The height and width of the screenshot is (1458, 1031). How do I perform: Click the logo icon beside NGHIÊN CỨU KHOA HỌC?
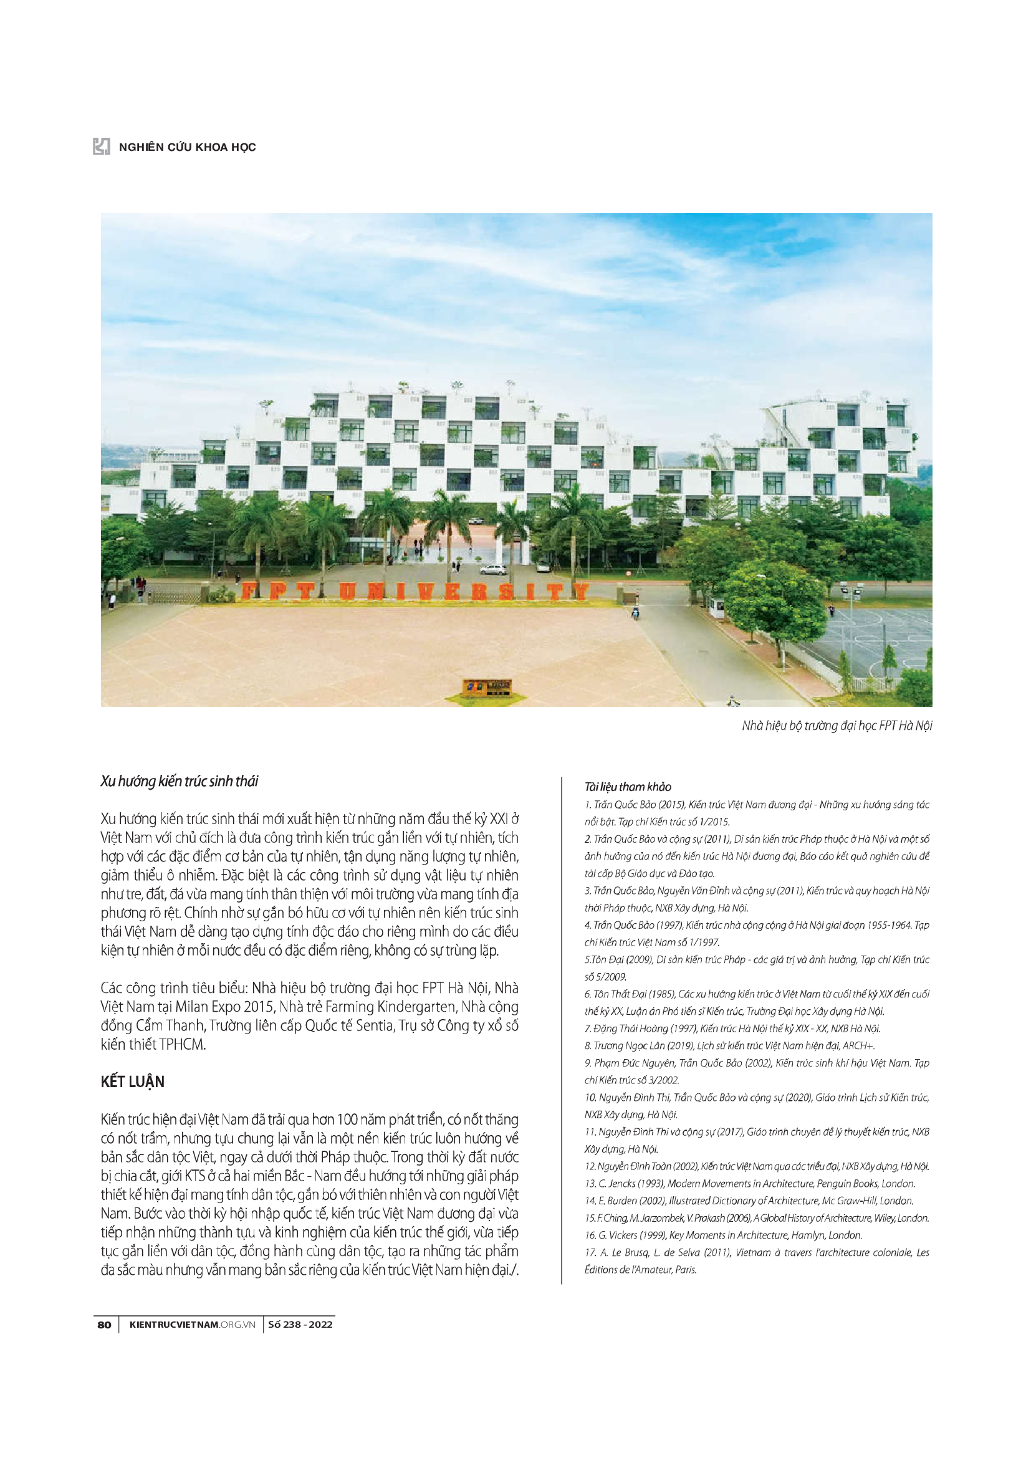102,146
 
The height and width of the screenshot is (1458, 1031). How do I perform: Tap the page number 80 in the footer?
104,1324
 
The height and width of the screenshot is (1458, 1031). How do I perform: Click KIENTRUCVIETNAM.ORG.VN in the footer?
192,1324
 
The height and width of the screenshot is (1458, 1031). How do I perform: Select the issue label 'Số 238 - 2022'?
300,1324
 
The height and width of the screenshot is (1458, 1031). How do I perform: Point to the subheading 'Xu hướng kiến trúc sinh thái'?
179,781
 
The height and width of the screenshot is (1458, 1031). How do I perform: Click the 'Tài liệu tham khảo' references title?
627,787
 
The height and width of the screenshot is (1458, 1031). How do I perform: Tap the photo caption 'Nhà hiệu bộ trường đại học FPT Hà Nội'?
836,725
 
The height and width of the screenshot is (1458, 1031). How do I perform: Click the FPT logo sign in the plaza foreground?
487,688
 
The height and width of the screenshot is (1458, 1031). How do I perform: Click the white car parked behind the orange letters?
492,569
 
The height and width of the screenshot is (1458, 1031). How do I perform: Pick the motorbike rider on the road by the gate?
635,613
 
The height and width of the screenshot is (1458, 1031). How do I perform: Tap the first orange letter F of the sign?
249,591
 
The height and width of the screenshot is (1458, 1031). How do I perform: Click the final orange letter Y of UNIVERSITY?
580,591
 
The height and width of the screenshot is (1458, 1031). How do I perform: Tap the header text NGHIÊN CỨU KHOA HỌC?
187,147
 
